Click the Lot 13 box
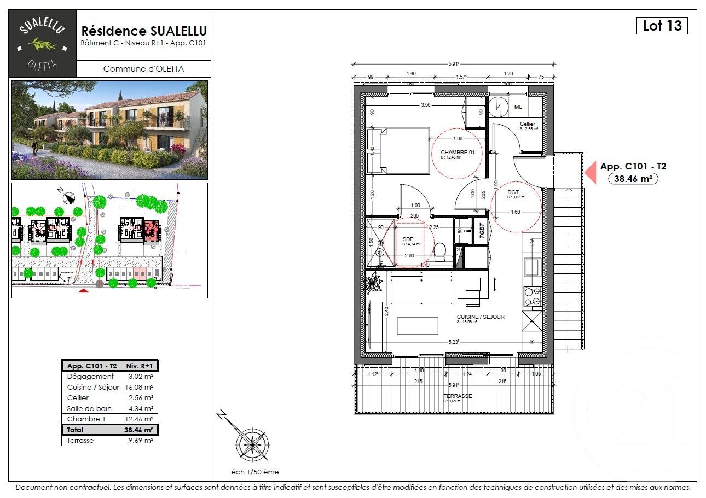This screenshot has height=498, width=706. tap(662, 26)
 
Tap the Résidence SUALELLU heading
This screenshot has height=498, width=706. tap(144, 31)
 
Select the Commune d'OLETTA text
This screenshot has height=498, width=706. tap(143, 69)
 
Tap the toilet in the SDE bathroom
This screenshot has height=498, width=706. tap(439, 253)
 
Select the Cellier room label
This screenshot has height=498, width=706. tap(527, 124)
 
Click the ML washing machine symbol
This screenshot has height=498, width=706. tap(499, 106)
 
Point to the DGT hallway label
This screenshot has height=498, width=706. tap(513, 192)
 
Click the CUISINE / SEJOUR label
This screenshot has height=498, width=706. tap(481, 317)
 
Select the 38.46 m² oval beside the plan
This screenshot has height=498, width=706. tap(633, 178)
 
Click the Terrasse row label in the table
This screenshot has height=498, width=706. tap(80, 440)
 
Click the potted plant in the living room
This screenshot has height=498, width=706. tap(374, 283)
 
